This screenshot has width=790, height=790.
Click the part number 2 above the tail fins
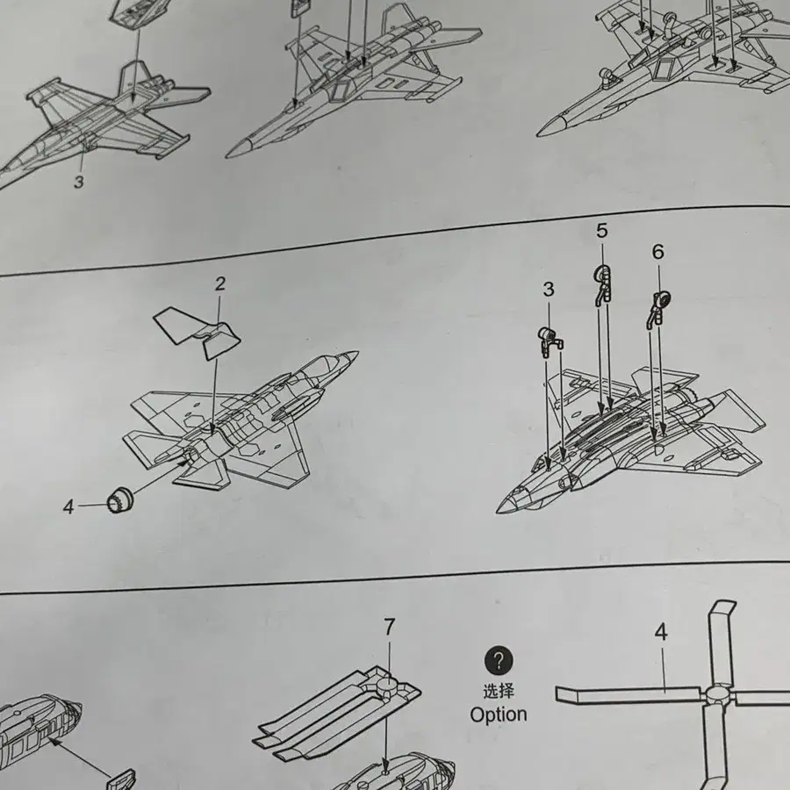coord(220,284)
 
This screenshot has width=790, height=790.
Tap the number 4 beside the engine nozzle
coord(68,506)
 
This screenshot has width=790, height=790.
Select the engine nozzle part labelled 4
coord(120,499)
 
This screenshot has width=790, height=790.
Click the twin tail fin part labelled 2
coord(197,333)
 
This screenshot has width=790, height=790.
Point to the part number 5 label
coord(602,230)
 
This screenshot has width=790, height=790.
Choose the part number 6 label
coord(658,251)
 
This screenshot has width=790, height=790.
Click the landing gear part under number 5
coord(602,284)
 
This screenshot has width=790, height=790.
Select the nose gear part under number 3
coord(550,341)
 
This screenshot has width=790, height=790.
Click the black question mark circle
coord(499,661)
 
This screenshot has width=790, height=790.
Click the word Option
coord(499,715)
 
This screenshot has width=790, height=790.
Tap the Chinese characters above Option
coord(499,691)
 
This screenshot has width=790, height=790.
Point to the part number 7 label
coord(389,628)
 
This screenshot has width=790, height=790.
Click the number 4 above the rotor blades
coord(661,632)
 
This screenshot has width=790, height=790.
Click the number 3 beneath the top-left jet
coord(79,182)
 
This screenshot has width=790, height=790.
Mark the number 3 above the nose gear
coord(549,289)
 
